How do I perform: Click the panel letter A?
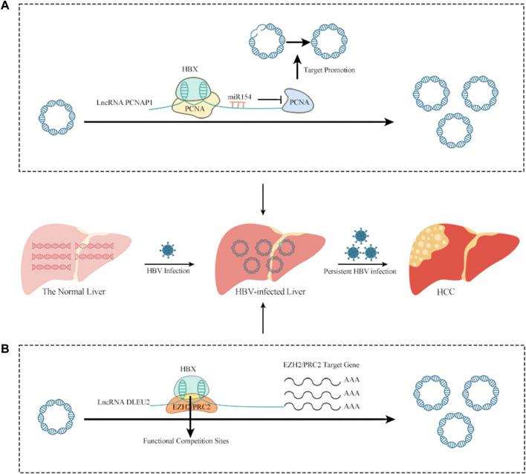click(6, 6)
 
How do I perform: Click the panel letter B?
click(6, 349)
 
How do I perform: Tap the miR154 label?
click(240, 97)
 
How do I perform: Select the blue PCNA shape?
click(298, 100)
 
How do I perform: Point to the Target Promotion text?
click(329, 70)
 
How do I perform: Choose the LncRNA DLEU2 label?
click(123, 402)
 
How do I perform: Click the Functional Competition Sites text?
click(186, 441)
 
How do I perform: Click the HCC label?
click(446, 292)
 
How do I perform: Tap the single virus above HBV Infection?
click(168, 250)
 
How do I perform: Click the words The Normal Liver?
click(74, 291)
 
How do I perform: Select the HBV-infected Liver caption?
click(270, 292)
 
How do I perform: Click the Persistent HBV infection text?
click(360, 271)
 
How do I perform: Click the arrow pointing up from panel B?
click(263, 318)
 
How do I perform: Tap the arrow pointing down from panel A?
click(263, 199)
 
